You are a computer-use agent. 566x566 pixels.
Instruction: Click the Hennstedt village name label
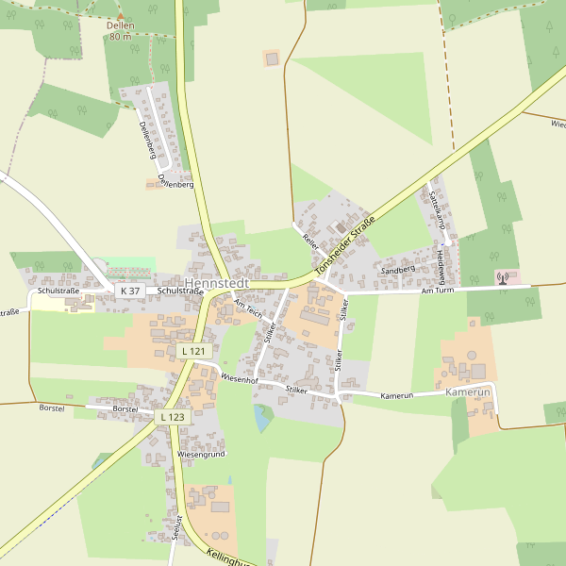tap(217, 283)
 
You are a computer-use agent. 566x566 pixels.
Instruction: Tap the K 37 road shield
tap(130, 291)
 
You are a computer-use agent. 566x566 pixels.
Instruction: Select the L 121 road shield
tap(192, 351)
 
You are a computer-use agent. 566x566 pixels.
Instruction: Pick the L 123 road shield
tap(173, 416)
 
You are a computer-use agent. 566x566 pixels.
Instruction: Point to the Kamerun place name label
tap(469, 391)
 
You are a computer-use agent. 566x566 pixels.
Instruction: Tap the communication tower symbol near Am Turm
tap(502, 278)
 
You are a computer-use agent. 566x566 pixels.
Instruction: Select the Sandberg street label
tap(397, 270)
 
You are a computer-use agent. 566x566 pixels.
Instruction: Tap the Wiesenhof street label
tap(239, 378)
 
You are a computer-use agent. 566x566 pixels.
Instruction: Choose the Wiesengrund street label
tap(202, 454)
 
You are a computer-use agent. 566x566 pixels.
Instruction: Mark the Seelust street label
tap(176, 524)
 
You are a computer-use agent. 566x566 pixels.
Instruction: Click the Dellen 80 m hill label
tap(120, 30)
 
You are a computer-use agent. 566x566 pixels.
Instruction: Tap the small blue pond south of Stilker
tap(261, 418)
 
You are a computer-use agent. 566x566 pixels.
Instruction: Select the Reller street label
tap(311, 240)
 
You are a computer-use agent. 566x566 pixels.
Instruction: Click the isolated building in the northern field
tap(272, 58)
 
